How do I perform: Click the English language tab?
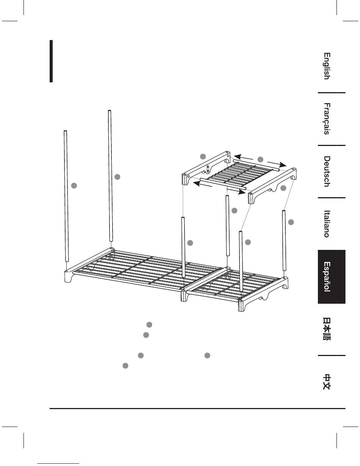click(326, 66)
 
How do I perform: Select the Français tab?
click(326, 119)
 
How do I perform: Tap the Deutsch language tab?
click(326, 171)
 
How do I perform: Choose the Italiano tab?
click(326, 224)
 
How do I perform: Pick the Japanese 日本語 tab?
click(326, 329)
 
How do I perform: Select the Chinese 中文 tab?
click(326, 382)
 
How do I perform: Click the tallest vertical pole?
click(110, 174)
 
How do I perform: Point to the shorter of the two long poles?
click(66, 195)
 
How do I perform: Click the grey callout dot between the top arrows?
click(260, 159)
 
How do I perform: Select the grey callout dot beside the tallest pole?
click(117, 176)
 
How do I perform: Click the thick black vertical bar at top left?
click(51, 61)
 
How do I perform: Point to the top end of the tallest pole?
click(109, 111)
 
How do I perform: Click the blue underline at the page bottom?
click(59, 463)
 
